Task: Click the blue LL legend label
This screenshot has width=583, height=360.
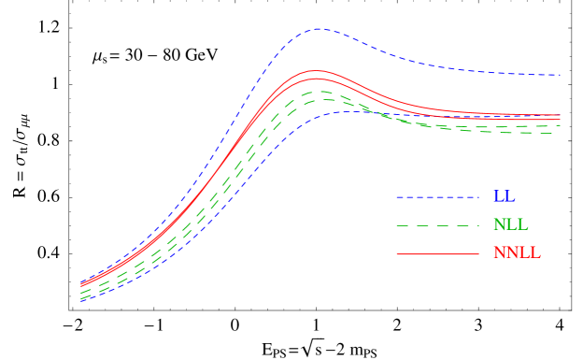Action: tap(504, 197)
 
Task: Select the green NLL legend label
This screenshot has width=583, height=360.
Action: tap(510, 225)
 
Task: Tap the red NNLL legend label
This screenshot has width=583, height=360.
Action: tap(517, 253)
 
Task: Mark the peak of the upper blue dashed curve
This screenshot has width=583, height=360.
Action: tap(317, 28)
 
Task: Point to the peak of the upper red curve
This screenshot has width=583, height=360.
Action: tap(316, 70)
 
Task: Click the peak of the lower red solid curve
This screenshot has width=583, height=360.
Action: tap(316, 79)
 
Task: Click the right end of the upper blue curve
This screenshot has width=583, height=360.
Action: tap(560, 75)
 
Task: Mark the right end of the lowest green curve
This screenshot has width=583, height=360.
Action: tap(560, 133)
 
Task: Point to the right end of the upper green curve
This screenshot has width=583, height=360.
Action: tap(560, 125)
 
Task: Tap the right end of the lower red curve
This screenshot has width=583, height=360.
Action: tap(560, 119)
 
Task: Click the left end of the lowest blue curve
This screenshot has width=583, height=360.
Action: tap(81, 301)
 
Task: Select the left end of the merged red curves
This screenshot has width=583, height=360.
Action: tap(81, 284)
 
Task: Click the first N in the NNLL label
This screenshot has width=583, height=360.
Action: tap(499, 253)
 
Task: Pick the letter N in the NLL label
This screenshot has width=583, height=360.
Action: tap(499, 225)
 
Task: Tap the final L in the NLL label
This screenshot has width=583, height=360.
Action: tap(522, 225)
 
